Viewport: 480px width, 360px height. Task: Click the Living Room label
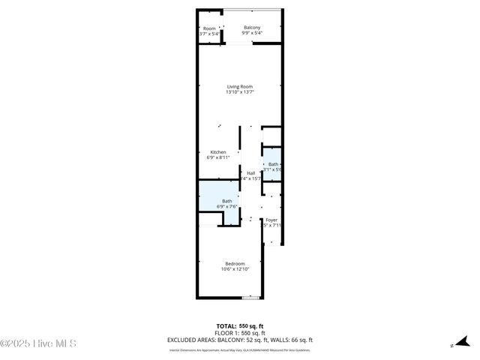(x=240, y=86)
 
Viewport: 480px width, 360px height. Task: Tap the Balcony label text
(x=252, y=28)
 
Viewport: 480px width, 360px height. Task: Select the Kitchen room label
(x=217, y=151)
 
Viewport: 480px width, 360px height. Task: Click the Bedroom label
(x=235, y=263)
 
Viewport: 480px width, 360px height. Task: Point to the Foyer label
(x=271, y=220)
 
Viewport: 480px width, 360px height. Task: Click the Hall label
(x=250, y=173)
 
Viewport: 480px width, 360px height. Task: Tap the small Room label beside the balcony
(x=209, y=28)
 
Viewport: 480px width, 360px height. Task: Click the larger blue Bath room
(x=222, y=201)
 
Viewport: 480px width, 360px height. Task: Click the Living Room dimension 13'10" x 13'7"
(x=240, y=92)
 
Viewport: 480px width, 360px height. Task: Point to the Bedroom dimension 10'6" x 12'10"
(x=235, y=269)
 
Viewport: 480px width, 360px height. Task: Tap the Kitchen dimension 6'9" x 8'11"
(x=217, y=157)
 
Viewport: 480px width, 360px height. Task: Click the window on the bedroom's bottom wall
(x=252, y=298)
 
